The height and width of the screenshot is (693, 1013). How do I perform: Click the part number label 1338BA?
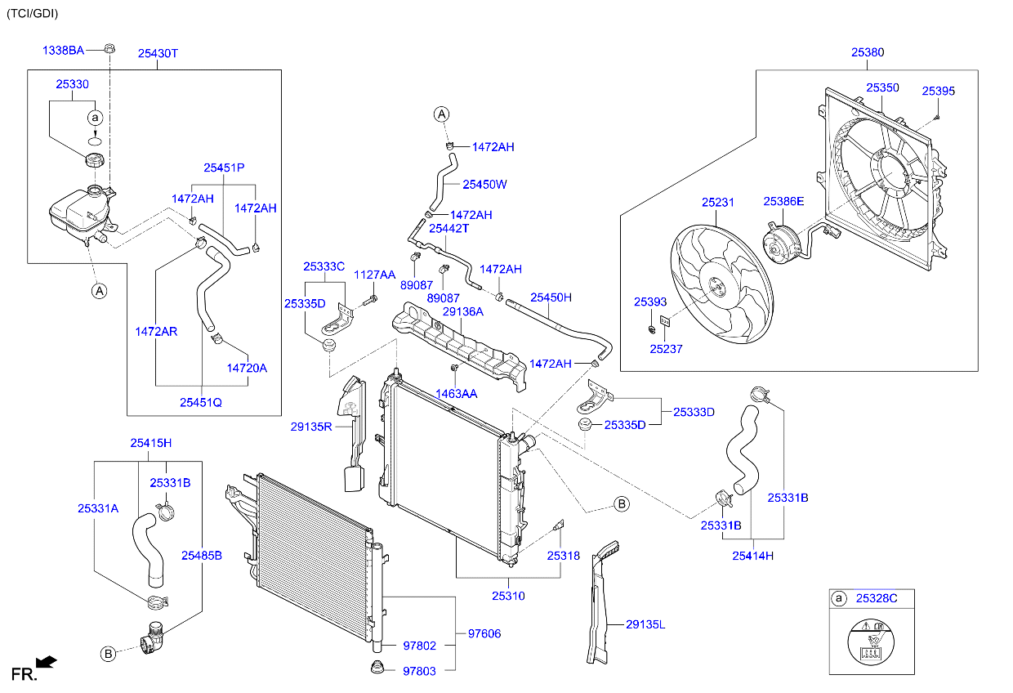63,51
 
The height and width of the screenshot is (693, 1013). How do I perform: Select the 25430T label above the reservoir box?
158,53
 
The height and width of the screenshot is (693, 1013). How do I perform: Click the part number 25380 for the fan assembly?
868,51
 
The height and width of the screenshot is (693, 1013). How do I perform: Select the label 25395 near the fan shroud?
939,91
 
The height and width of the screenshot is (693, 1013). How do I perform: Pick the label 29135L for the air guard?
645,625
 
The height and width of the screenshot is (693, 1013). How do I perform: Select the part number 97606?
484,633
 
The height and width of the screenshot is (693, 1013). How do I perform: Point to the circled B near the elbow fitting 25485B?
108,653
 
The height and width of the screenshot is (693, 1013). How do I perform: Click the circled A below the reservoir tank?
99,290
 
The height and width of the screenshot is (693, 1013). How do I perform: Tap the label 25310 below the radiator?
508,596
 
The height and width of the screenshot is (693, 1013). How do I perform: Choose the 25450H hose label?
551,297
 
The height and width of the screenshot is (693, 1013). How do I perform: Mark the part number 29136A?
462,311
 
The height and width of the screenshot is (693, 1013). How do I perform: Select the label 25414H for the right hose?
752,556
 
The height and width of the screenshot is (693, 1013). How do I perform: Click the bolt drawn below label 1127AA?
367,303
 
